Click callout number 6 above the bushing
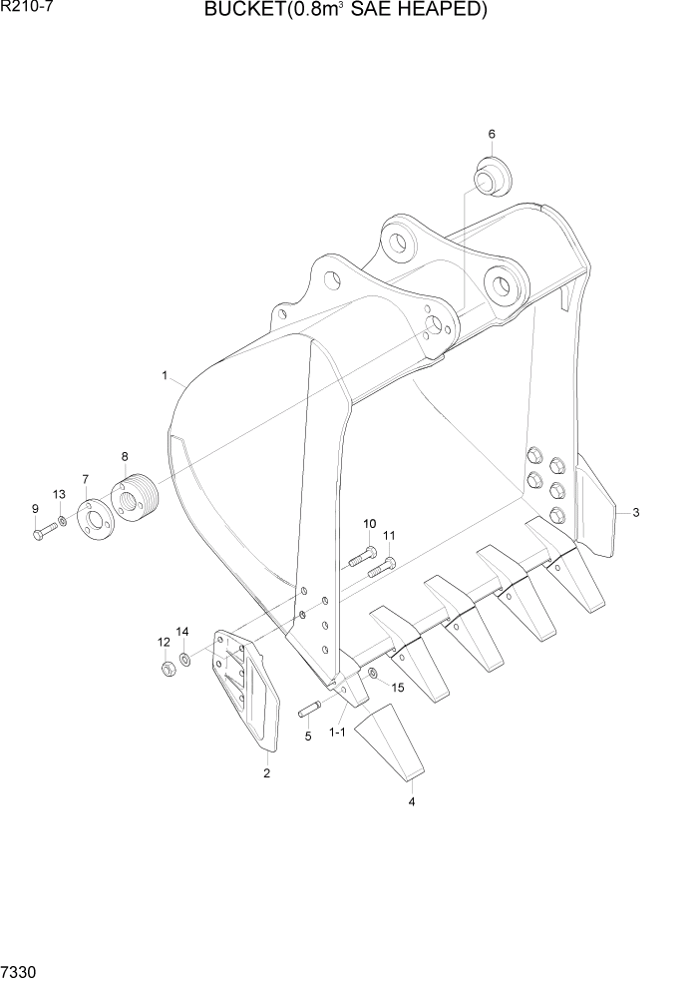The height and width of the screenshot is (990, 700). tap(492, 134)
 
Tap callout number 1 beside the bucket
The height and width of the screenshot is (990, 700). tap(164, 375)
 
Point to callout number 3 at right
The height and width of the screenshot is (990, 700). tap(636, 513)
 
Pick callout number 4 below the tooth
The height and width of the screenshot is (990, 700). tap(411, 800)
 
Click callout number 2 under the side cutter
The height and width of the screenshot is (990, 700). tap(266, 772)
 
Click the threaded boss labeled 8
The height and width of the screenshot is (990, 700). tap(132, 497)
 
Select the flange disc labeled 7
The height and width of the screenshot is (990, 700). tap(94, 515)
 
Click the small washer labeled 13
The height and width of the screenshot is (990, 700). tap(62, 521)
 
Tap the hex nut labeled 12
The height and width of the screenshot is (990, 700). tap(169, 666)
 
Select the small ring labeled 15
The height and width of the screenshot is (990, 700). tap(373, 675)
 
